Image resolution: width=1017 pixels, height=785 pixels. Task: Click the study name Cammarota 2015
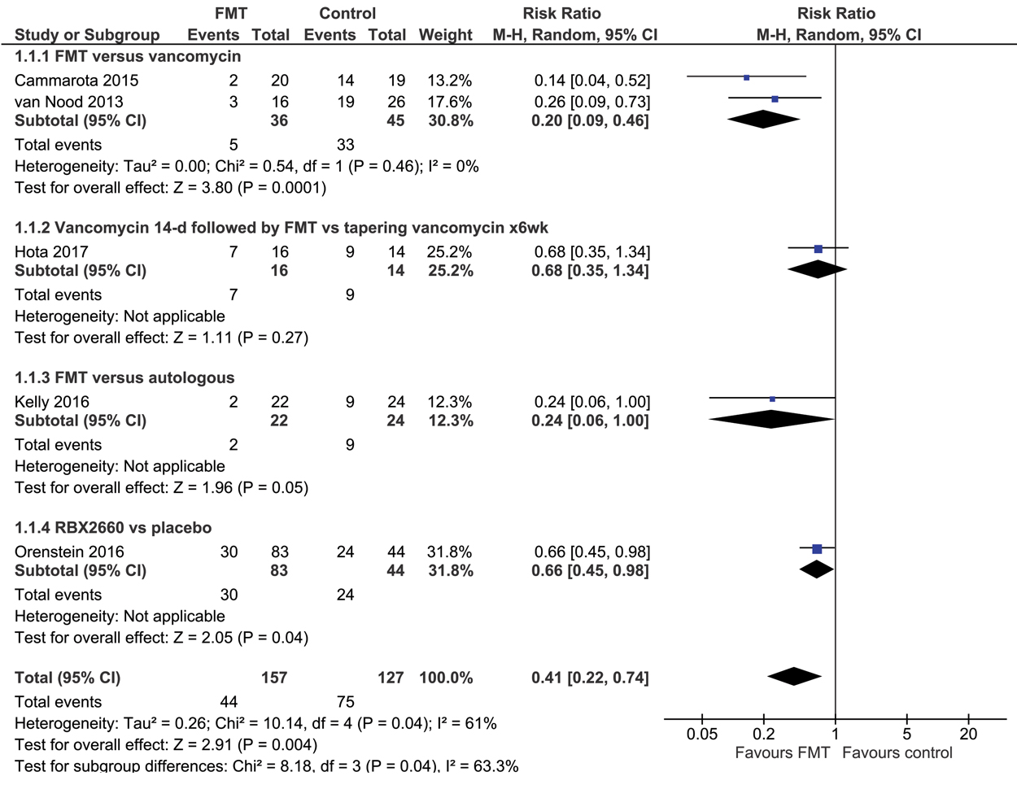[76, 81]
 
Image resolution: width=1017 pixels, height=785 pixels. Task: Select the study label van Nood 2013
[69, 102]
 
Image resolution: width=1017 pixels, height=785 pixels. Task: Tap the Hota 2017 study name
[51, 251]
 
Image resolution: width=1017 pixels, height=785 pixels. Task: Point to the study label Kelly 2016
[52, 402]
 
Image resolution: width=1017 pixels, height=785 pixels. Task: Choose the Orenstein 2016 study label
[69, 552]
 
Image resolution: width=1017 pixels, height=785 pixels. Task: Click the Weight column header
[445, 35]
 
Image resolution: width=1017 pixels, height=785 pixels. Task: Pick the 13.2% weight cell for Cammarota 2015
[449, 81]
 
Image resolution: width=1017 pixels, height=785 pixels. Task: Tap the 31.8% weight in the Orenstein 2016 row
[449, 552]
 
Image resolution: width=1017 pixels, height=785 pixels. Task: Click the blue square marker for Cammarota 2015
[747, 77]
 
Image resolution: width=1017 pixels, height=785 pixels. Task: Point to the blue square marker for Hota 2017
[818, 249]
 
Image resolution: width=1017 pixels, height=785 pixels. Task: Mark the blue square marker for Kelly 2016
[772, 399]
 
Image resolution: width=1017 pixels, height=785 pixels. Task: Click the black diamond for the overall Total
[794, 676]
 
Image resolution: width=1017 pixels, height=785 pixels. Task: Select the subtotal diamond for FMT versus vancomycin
[763, 120]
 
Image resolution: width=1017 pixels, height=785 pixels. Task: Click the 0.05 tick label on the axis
[702, 734]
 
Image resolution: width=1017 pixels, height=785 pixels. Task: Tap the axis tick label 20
[968, 734]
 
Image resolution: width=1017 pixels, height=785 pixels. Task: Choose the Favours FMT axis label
[782, 753]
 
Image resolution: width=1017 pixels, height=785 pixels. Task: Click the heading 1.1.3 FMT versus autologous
[124, 377]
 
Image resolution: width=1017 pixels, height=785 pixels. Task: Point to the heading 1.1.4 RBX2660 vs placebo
[113, 528]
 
